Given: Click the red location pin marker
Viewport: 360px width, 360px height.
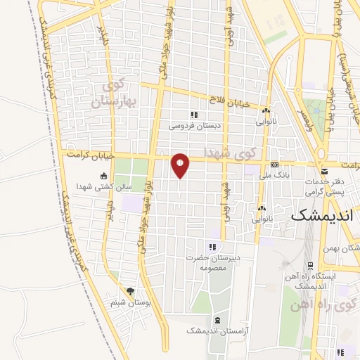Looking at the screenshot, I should point(180,165).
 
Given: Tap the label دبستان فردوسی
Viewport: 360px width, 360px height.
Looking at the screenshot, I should point(193,127).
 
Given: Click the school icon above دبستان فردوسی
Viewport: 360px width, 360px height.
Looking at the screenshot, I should point(193,115).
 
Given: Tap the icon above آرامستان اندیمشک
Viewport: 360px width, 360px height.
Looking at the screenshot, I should point(217,320).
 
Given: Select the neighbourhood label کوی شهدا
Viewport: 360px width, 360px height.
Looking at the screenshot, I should point(228,152).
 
